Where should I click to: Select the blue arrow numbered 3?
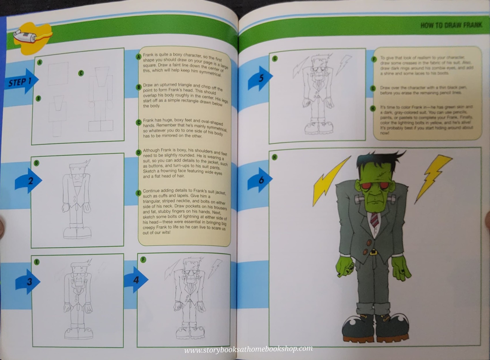point(28,282)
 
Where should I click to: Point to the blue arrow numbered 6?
point(260,180)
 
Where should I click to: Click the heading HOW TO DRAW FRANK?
point(451,25)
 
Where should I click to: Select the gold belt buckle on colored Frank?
point(374,252)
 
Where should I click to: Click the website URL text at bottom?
point(248,349)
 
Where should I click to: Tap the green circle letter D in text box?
point(139,152)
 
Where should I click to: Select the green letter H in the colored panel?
point(274,157)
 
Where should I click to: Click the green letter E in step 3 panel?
point(37,262)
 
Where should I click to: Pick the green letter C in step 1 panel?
point(81,73)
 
